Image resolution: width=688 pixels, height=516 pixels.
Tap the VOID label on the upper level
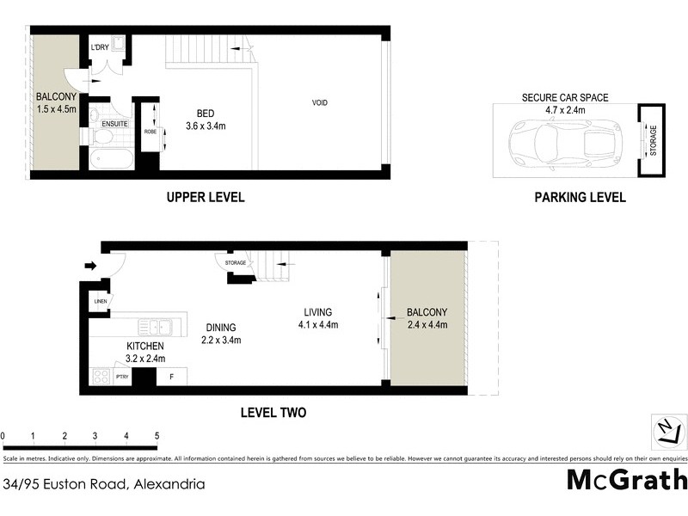(320, 103)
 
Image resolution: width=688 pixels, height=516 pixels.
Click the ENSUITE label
(114, 124)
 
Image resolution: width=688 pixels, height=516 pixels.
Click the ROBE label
(150, 132)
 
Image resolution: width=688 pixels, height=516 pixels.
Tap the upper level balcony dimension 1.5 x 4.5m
(57, 109)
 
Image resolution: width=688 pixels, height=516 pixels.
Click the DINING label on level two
(220, 327)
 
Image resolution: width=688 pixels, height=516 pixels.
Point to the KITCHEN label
(144, 346)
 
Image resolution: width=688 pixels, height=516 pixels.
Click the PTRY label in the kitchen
(122, 376)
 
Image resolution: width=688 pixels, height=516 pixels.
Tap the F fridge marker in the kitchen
(171, 376)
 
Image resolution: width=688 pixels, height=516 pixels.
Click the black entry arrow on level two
(89, 266)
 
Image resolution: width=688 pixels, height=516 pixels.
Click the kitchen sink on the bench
(157, 327)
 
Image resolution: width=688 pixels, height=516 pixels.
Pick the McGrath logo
(627, 480)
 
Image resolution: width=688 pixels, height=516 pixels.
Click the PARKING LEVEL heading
(580, 197)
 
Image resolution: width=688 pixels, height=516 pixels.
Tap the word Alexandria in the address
(168, 483)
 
